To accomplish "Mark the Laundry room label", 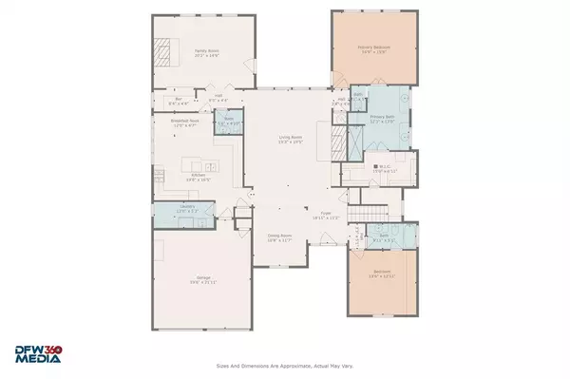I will coord(173,208).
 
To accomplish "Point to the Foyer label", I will coord(326,215).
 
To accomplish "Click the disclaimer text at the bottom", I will coord(285,364).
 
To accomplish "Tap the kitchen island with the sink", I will coord(196,158).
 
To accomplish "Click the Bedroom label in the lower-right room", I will coord(383,273).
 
